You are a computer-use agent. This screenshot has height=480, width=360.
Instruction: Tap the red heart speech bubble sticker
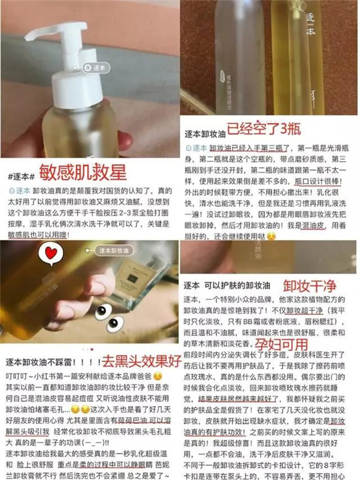(49, 254)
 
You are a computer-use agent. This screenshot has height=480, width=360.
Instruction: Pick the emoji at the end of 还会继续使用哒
(272, 237)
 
